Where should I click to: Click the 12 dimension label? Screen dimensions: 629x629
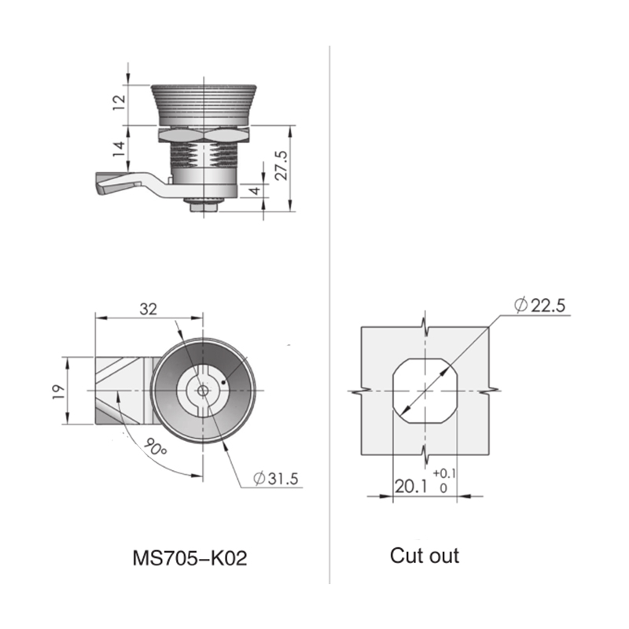(x=120, y=103)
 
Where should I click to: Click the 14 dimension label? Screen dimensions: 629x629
(x=120, y=149)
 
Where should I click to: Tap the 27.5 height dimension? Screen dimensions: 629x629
(x=281, y=165)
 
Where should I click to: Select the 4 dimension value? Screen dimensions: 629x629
(x=256, y=190)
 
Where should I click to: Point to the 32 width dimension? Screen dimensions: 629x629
(x=148, y=309)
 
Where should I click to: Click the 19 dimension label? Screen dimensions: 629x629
(x=58, y=392)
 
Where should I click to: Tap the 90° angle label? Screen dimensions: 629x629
(x=155, y=447)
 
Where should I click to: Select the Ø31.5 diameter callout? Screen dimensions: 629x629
(x=276, y=478)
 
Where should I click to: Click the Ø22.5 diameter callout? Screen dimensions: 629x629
(x=539, y=306)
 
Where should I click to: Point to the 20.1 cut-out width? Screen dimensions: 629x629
(x=411, y=487)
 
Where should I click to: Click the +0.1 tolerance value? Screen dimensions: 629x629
(x=444, y=474)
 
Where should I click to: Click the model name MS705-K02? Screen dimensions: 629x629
(x=189, y=558)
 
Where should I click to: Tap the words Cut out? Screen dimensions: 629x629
(x=425, y=556)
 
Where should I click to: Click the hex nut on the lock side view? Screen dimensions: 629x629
(x=204, y=135)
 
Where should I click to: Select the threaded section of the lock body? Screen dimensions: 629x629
(x=204, y=155)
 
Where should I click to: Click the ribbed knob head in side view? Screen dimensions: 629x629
(x=204, y=105)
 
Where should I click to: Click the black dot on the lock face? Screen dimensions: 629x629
(x=223, y=382)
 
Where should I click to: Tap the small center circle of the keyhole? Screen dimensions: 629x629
(x=203, y=390)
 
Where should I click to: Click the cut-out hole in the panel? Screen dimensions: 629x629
(x=425, y=391)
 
